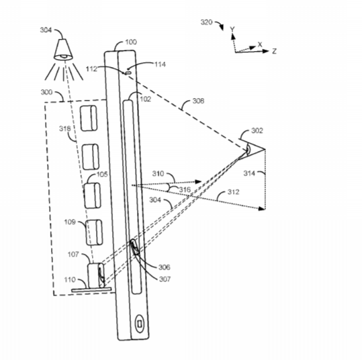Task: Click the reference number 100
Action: pyautogui.click(x=131, y=42)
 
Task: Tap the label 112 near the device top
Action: pyautogui.click(x=91, y=69)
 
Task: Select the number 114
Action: pyautogui.click(x=161, y=64)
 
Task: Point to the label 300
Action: pyautogui.click(x=46, y=93)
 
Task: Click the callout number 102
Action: pyautogui.click(x=146, y=99)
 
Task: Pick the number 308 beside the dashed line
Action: pyautogui.click(x=199, y=101)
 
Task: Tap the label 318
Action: pyautogui.click(x=65, y=129)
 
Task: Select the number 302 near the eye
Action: pyautogui.click(x=257, y=131)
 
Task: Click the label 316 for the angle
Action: pyautogui.click(x=185, y=190)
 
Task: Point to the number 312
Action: pyautogui.click(x=234, y=192)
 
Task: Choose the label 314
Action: pyautogui.click(x=249, y=173)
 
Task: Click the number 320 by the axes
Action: pyautogui.click(x=206, y=22)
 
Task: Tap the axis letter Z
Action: pyautogui.click(x=274, y=51)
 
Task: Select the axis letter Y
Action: pyautogui.click(x=232, y=30)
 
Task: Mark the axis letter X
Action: pyautogui.click(x=260, y=44)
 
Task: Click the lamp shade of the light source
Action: pyautogui.click(x=63, y=50)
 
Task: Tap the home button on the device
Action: pyautogui.click(x=140, y=324)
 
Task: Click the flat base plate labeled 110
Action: pyautogui.click(x=91, y=289)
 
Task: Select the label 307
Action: pyautogui.click(x=165, y=279)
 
